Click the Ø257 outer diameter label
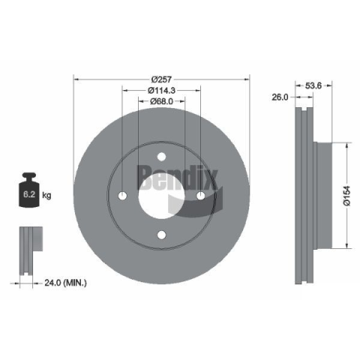click(x=161, y=79)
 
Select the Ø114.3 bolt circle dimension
click(x=161, y=90)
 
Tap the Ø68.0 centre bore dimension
click(x=161, y=101)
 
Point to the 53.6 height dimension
click(x=313, y=85)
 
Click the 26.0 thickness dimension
click(x=280, y=97)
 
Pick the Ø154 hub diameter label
click(x=346, y=196)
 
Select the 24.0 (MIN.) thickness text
click(x=66, y=283)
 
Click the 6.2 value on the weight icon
click(x=29, y=194)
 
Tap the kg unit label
click(x=46, y=195)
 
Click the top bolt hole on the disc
click(x=161, y=157)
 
